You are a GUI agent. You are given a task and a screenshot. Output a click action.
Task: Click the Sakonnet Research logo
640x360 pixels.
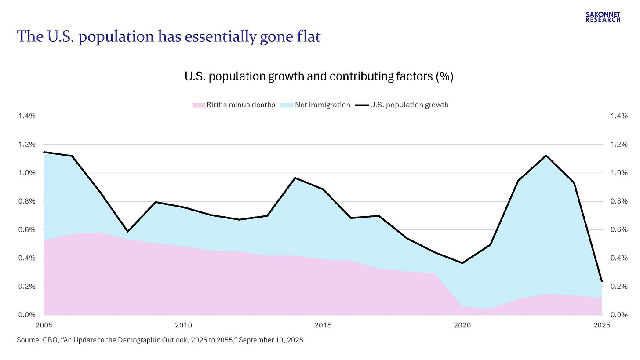[603, 17]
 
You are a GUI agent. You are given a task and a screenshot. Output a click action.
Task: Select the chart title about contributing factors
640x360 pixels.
[319, 76]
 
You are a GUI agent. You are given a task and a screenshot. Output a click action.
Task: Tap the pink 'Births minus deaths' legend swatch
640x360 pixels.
[199, 105]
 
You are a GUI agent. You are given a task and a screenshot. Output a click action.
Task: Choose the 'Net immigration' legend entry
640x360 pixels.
[322, 105]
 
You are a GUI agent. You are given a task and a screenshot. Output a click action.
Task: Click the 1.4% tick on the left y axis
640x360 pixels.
[27, 116]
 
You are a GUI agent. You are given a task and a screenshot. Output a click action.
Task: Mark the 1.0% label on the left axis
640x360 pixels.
[27, 173]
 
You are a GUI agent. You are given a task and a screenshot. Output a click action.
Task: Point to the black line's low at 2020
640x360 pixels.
[462, 263]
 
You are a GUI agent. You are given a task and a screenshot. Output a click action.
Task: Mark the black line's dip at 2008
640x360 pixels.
[127, 231]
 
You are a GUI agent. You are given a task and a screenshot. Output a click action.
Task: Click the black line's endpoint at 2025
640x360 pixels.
[602, 281]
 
